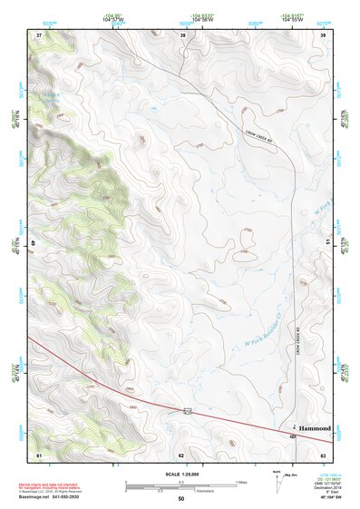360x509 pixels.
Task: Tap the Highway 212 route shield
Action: coord(187,411)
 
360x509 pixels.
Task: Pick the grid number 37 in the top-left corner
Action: coord(39,34)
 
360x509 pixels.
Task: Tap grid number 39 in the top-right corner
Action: coord(323,34)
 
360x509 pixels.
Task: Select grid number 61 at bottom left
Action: coord(39,454)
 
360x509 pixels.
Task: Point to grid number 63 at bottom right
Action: coord(323,454)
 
